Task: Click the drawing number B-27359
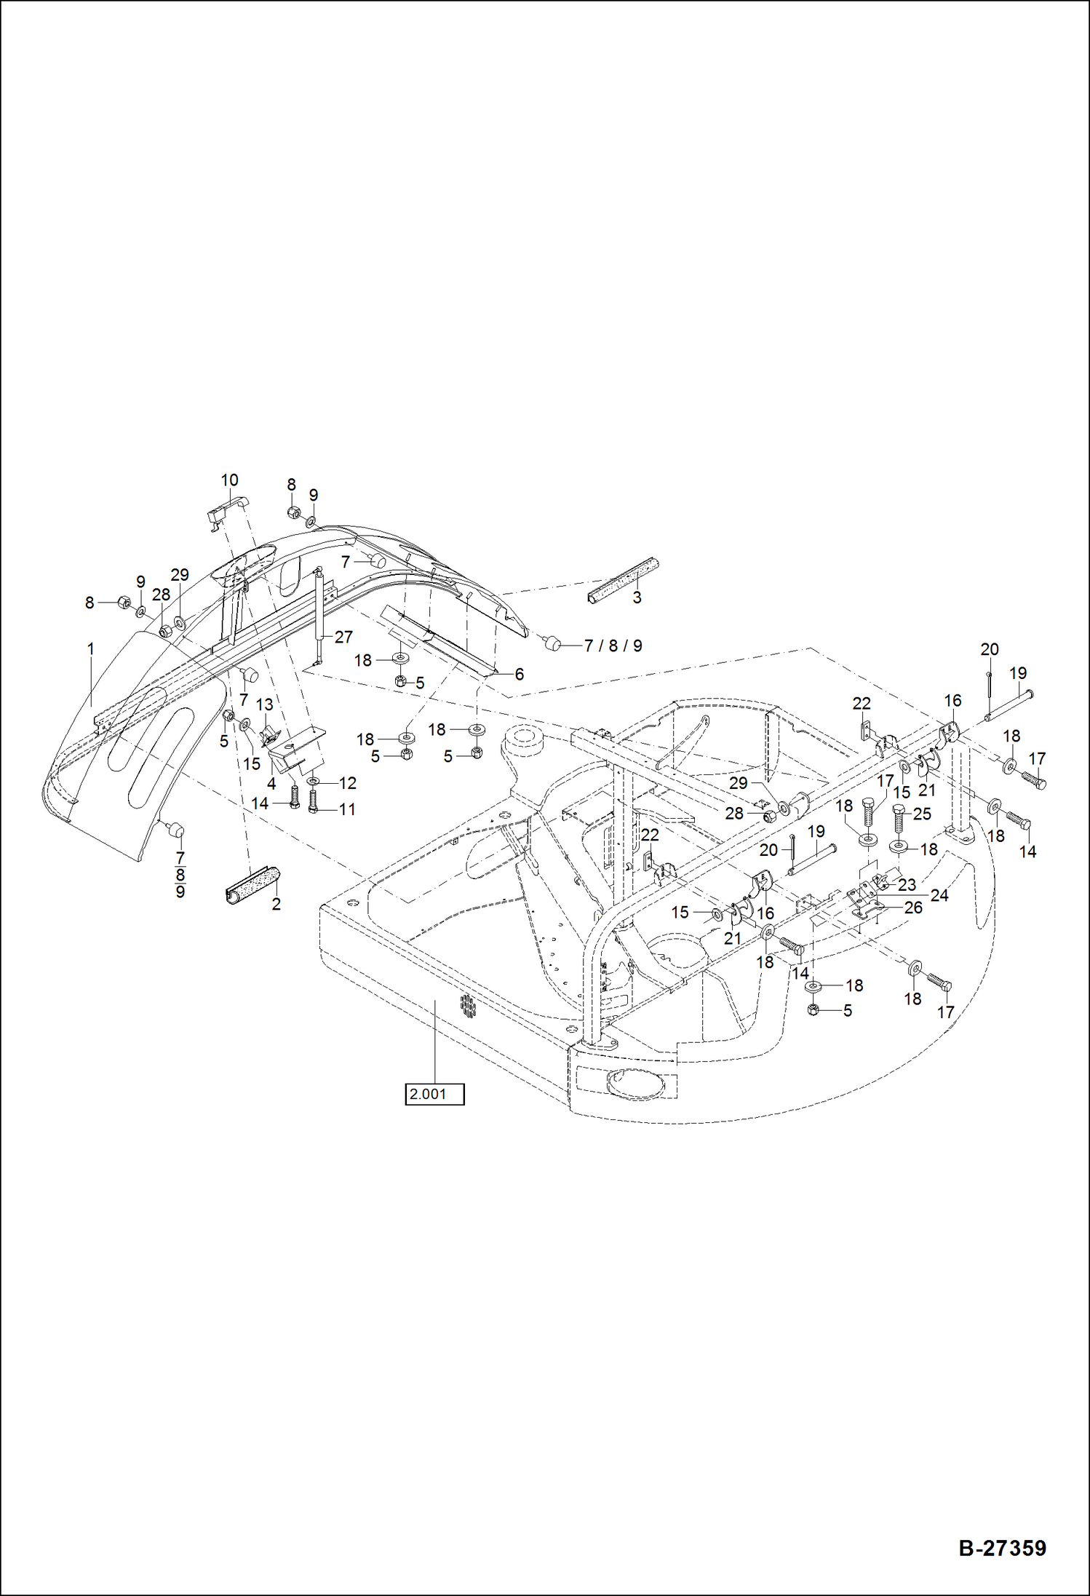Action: click(1002, 1548)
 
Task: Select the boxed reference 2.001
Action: click(434, 1094)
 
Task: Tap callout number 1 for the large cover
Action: click(91, 648)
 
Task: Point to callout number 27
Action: click(343, 637)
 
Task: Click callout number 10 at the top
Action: click(229, 480)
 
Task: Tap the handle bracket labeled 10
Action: click(228, 510)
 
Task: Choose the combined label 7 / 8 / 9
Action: click(613, 646)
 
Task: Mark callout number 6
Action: click(520, 674)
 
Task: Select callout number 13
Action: click(265, 704)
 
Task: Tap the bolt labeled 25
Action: click(899, 819)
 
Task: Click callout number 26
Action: click(913, 908)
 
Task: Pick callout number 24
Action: click(939, 895)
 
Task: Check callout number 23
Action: click(907, 885)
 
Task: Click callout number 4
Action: click(271, 784)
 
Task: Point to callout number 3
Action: click(637, 597)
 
